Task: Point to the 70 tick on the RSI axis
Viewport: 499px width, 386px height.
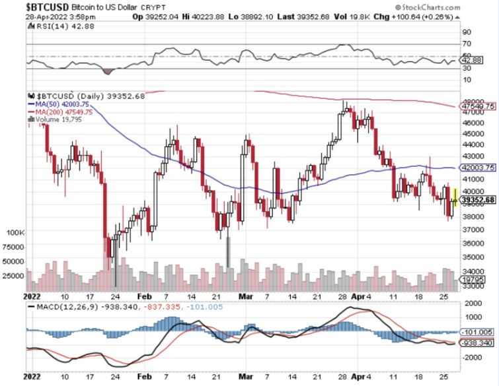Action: point(466,44)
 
